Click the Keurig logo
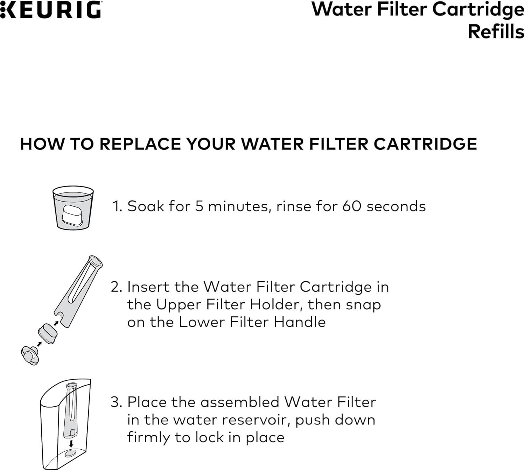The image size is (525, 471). pos(51,9)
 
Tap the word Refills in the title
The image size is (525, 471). pos(496,32)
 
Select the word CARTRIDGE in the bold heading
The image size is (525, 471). pos(425,144)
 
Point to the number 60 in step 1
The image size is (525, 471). pos(352,206)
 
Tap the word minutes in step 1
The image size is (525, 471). pos(238,206)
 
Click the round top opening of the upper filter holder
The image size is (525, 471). pos(95,262)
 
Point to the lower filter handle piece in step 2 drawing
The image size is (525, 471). pos(30,356)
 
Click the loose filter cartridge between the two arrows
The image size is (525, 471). pos(48,333)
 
